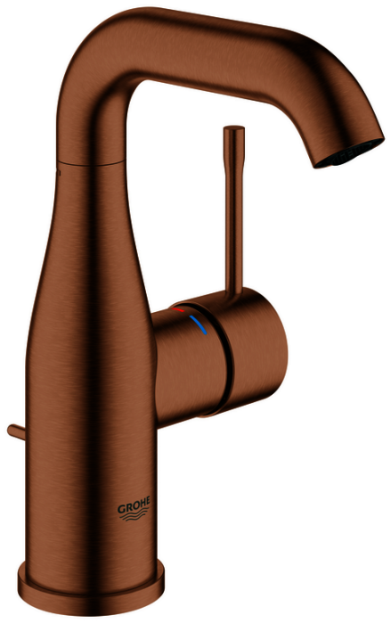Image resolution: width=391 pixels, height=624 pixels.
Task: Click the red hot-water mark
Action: pos(178,309)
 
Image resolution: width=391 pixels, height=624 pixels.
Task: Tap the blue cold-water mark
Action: pos(198,324)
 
